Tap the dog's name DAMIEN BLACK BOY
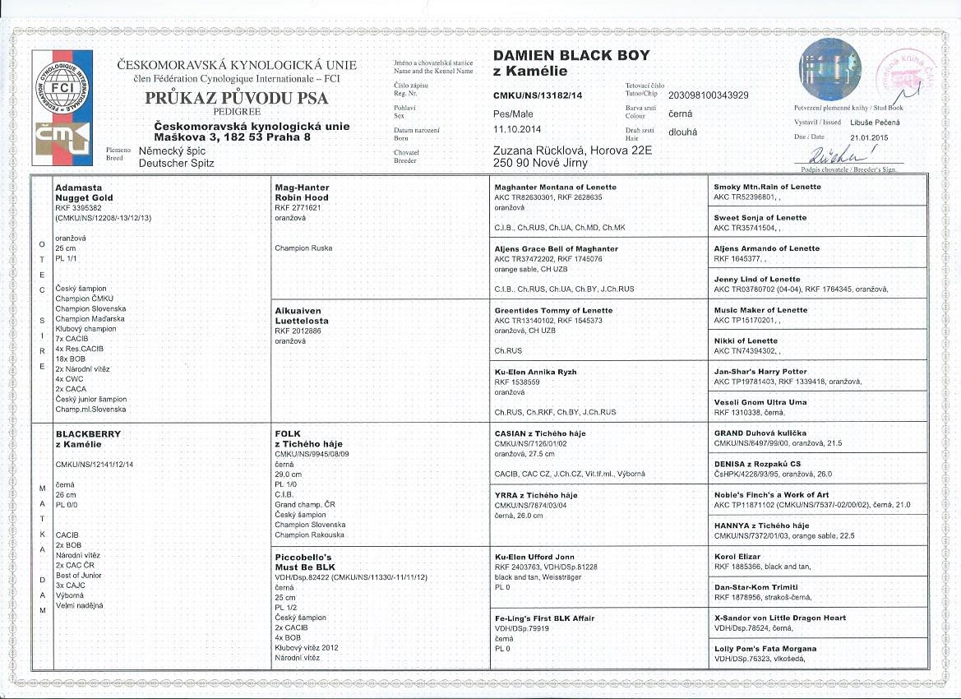[x=571, y=55]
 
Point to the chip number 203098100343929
[x=709, y=95]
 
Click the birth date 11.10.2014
[x=517, y=129]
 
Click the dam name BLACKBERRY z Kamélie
[x=88, y=438]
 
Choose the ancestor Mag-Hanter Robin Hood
[x=301, y=192]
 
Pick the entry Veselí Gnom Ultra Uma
[x=760, y=402]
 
